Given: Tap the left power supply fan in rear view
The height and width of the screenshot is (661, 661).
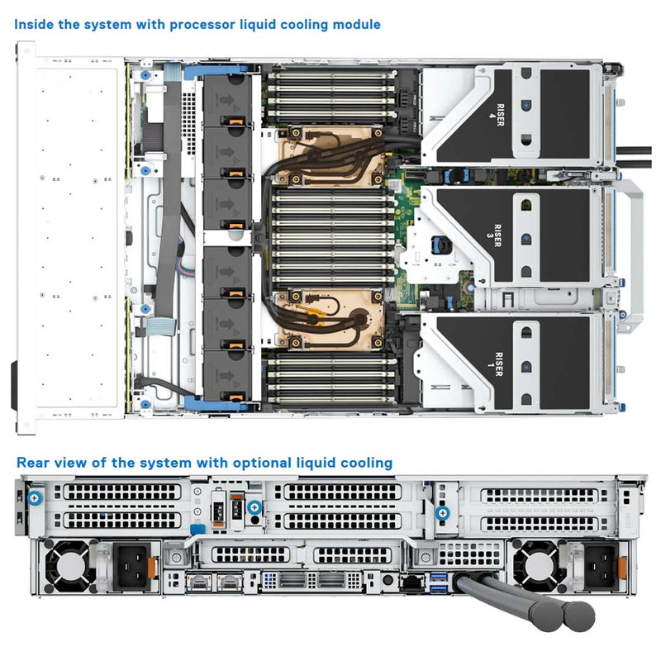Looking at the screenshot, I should [x=66, y=568].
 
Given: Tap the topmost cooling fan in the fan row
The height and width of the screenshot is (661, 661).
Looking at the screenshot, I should [x=226, y=100].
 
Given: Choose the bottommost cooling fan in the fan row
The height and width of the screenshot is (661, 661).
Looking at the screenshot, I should [x=226, y=376].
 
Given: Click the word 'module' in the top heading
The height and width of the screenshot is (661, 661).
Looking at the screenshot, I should [x=354, y=25].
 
